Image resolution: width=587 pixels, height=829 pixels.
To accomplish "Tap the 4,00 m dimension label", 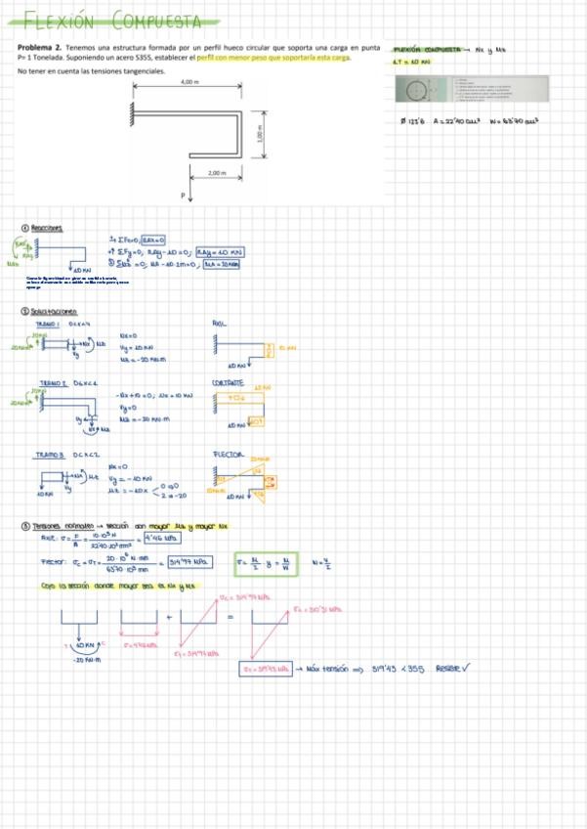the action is coord(189,82).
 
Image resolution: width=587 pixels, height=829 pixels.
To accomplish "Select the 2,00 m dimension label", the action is coord(216,172).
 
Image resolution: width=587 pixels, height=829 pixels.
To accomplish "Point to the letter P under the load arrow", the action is coord(182,196).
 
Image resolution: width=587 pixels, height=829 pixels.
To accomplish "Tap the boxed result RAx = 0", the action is coord(153,239).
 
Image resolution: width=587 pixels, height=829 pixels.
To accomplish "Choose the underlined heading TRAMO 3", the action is coord(50,456).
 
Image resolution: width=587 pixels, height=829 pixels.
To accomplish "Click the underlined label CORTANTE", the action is coord(226,382).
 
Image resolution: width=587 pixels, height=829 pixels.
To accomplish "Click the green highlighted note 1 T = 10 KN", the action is coord(406,61).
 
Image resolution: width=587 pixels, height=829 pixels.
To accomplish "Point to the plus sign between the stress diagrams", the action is coord(172,617).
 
